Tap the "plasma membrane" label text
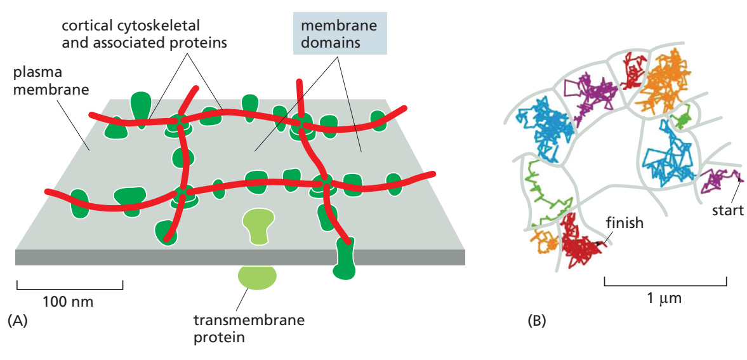tap(51, 82)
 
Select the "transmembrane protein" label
tap(249, 329)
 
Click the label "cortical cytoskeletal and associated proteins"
tap(144, 33)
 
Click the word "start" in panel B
tap(727, 210)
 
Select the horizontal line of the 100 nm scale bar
tap(70, 289)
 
